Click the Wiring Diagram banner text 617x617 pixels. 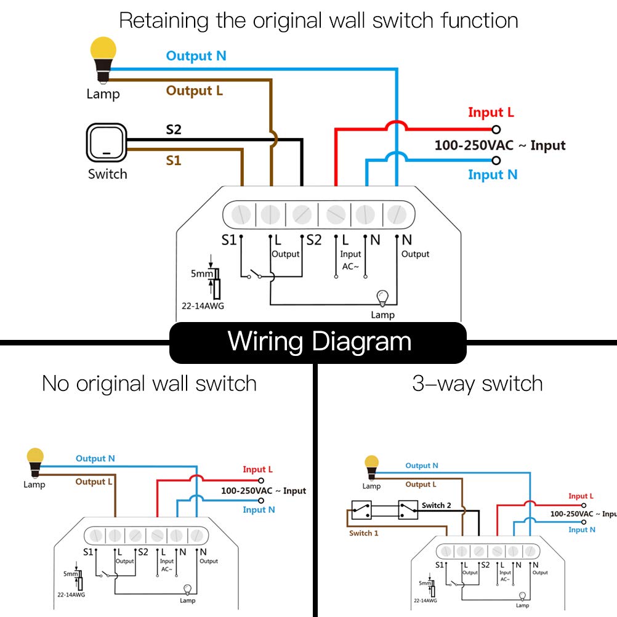tap(319, 341)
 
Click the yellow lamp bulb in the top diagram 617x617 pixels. tap(103, 54)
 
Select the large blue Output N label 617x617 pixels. tap(196, 56)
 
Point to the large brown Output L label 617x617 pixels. tap(195, 91)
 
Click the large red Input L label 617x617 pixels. tap(491, 112)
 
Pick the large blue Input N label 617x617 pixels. tap(493, 175)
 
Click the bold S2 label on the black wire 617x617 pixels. tap(174, 130)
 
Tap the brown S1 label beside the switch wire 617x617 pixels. tap(174, 161)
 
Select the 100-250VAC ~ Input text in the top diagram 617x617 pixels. tap(499, 146)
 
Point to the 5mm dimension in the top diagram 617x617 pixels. tap(201, 273)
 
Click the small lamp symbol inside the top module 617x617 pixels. tap(382, 299)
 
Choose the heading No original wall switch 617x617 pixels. tap(149, 384)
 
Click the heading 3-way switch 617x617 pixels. tap(477, 384)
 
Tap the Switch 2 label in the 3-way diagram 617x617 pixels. tap(436, 506)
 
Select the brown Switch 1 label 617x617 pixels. tap(364, 533)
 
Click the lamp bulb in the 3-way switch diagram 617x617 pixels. tap(371, 466)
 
